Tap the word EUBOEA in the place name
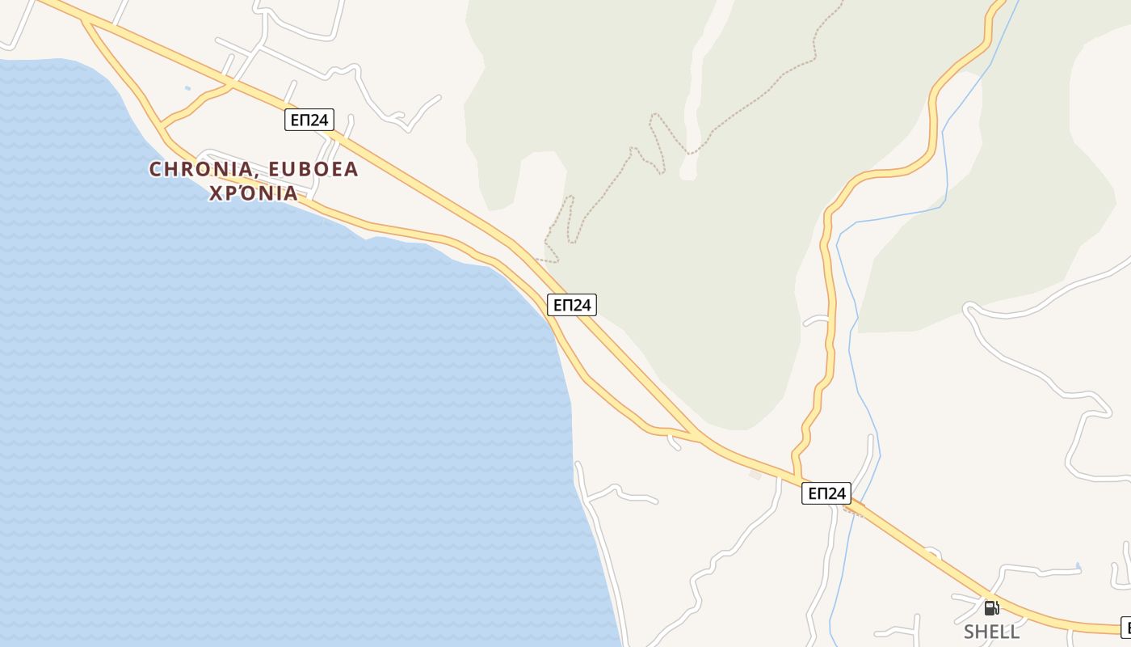pyautogui.click(x=313, y=169)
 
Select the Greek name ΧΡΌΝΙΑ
pyautogui.click(x=254, y=194)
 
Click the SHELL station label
pyautogui.click(x=991, y=631)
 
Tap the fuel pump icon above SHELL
pyautogui.click(x=991, y=608)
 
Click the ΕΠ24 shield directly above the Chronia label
pyautogui.click(x=309, y=120)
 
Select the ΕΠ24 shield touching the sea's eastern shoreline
pyautogui.click(x=572, y=305)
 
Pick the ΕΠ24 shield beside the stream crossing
pyautogui.click(x=826, y=493)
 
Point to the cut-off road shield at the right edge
pyautogui.click(x=1125, y=627)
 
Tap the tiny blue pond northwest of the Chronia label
pyautogui.click(x=188, y=87)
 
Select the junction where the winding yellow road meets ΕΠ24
pyautogui.click(x=797, y=477)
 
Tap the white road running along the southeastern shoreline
pyautogui.click(x=602, y=550)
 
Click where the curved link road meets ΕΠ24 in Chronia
pyautogui.click(x=232, y=83)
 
